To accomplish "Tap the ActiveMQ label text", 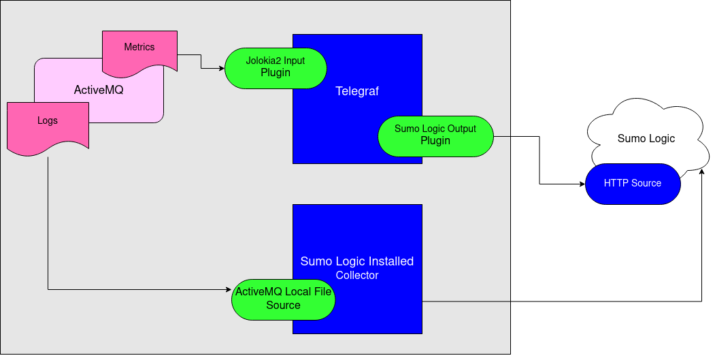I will (x=99, y=90).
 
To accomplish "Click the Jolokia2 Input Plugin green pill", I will (x=276, y=67).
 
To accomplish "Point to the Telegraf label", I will (x=357, y=91).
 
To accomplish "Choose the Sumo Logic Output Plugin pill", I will (x=435, y=135).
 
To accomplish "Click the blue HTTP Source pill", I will (x=633, y=183).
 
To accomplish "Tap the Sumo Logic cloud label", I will (x=646, y=139).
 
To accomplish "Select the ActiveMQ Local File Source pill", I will (x=283, y=299).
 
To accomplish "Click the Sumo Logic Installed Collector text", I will (x=357, y=267).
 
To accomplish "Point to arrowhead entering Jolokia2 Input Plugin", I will (x=221, y=68).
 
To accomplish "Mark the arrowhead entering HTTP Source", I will (x=582, y=184).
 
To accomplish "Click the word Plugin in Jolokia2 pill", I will (x=276, y=73).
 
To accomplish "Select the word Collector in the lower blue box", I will (x=357, y=276).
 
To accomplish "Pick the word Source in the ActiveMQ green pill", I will (x=283, y=306).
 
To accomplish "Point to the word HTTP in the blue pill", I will (x=614, y=183).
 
